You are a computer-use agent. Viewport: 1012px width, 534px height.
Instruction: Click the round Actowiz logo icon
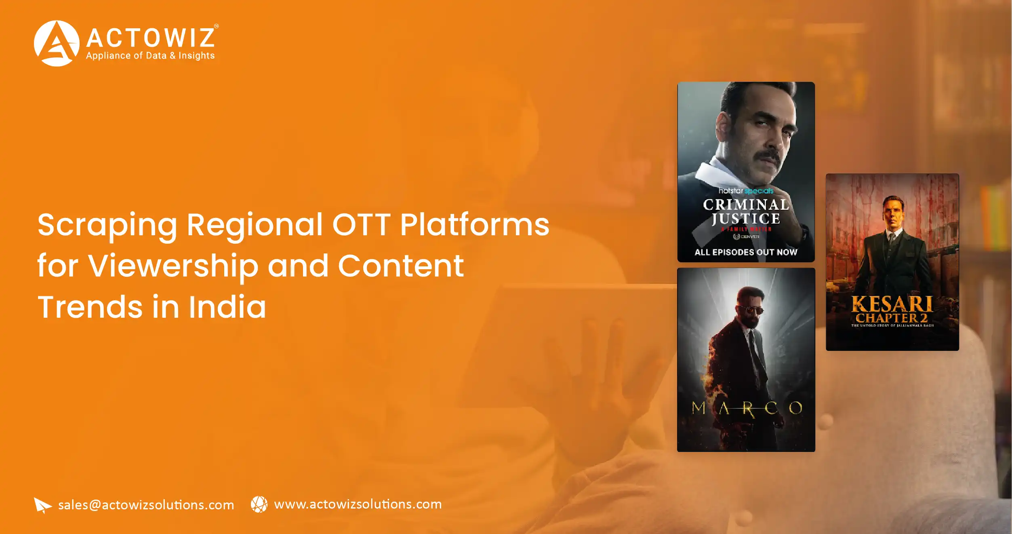[57, 43]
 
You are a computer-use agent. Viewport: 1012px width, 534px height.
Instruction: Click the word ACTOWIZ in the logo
[150, 38]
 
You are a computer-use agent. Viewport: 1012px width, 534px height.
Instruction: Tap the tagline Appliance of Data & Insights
[150, 56]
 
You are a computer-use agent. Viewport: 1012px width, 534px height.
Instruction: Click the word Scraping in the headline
[107, 225]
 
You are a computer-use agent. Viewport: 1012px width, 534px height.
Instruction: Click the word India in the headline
[227, 307]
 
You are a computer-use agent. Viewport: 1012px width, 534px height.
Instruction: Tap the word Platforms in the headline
[475, 225]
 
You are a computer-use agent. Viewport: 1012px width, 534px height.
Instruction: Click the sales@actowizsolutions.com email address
[146, 505]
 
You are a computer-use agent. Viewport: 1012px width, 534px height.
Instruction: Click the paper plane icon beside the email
[42, 505]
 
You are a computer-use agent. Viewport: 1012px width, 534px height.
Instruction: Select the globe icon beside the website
[259, 504]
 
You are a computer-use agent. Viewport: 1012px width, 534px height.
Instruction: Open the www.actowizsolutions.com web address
[358, 504]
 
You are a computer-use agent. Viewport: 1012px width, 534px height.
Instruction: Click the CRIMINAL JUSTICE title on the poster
[746, 211]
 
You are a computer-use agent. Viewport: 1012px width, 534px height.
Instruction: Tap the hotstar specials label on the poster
[746, 191]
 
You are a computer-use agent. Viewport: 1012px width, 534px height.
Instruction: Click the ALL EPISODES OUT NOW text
[746, 252]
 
